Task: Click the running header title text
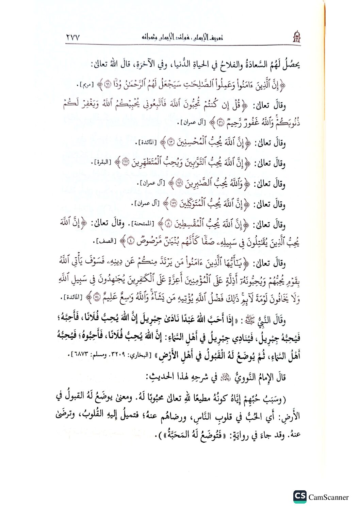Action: pyautogui.click(x=182, y=37)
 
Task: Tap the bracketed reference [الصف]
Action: pyautogui.click(x=107, y=242)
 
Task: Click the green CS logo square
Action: pyautogui.click(x=300, y=497)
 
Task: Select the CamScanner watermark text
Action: pyautogui.click(x=328, y=497)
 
